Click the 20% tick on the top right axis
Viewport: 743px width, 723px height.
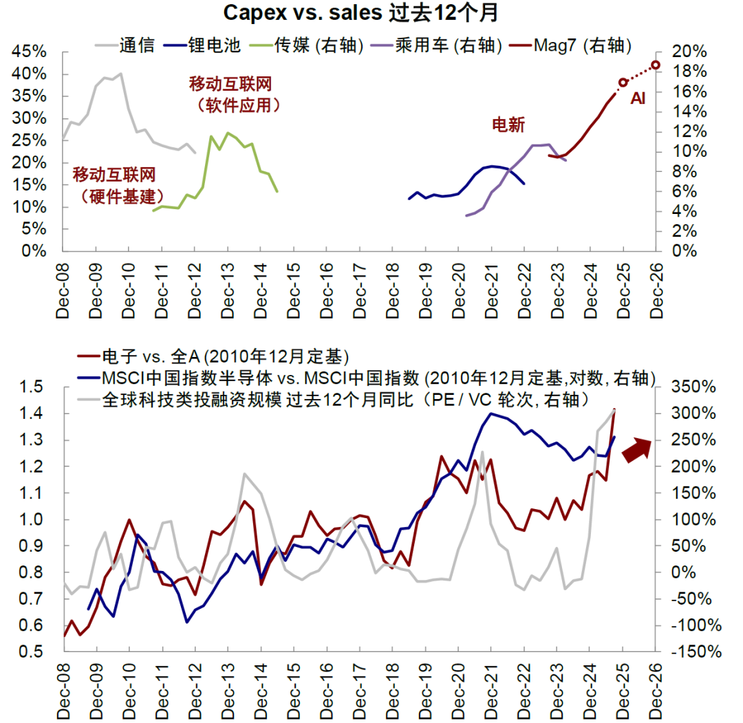coord(688,52)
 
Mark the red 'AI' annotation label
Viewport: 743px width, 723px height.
coord(638,99)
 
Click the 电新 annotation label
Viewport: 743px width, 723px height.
coord(508,125)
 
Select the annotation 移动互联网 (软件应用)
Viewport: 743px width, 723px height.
coord(230,94)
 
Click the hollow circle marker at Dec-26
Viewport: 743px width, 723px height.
coord(656,65)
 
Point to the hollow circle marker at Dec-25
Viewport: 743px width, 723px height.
coord(623,83)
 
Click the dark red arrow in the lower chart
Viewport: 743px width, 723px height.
coord(636,449)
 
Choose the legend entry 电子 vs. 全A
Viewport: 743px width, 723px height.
coord(227,357)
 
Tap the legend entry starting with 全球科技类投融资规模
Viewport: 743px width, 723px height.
coord(344,398)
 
